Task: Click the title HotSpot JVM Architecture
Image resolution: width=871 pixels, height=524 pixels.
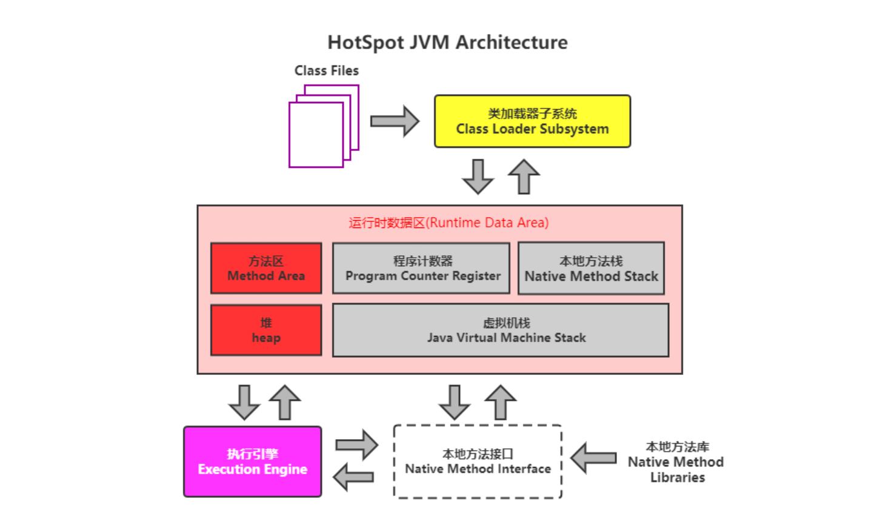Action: (447, 42)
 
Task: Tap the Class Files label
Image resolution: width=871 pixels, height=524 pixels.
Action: (327, 71)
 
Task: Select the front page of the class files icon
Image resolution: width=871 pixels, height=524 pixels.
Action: (316, 135)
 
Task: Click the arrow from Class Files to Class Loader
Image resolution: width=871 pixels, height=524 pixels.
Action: (395, 121)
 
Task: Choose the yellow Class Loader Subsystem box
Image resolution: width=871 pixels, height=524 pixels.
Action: (532, 121)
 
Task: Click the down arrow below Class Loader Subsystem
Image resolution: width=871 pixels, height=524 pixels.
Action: (478, 176)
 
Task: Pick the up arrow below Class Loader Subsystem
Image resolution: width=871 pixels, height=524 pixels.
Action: (524, 176)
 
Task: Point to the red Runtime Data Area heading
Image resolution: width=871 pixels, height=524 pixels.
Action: (449, 223)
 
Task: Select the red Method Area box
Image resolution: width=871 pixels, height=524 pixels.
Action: (266, 268)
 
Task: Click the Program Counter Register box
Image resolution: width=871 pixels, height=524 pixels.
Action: (421, 268)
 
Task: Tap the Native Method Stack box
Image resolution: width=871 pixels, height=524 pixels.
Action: (591, 268)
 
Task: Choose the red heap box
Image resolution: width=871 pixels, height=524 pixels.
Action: (266, 330)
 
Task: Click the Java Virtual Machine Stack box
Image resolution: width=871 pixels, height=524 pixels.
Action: (501, 330)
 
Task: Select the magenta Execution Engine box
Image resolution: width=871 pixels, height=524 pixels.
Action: (253, 462)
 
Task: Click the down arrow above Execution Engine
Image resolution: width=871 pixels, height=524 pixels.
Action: (244, 403)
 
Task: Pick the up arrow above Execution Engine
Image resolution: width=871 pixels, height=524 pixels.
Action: (285, 403)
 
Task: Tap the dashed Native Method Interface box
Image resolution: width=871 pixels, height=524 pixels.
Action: (478, 462)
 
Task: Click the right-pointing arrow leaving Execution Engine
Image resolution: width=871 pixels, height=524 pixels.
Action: (357, 445)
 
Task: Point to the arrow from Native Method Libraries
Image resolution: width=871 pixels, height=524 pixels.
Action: (594, 458)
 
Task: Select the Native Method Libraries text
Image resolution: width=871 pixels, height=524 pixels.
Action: (676, 462)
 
